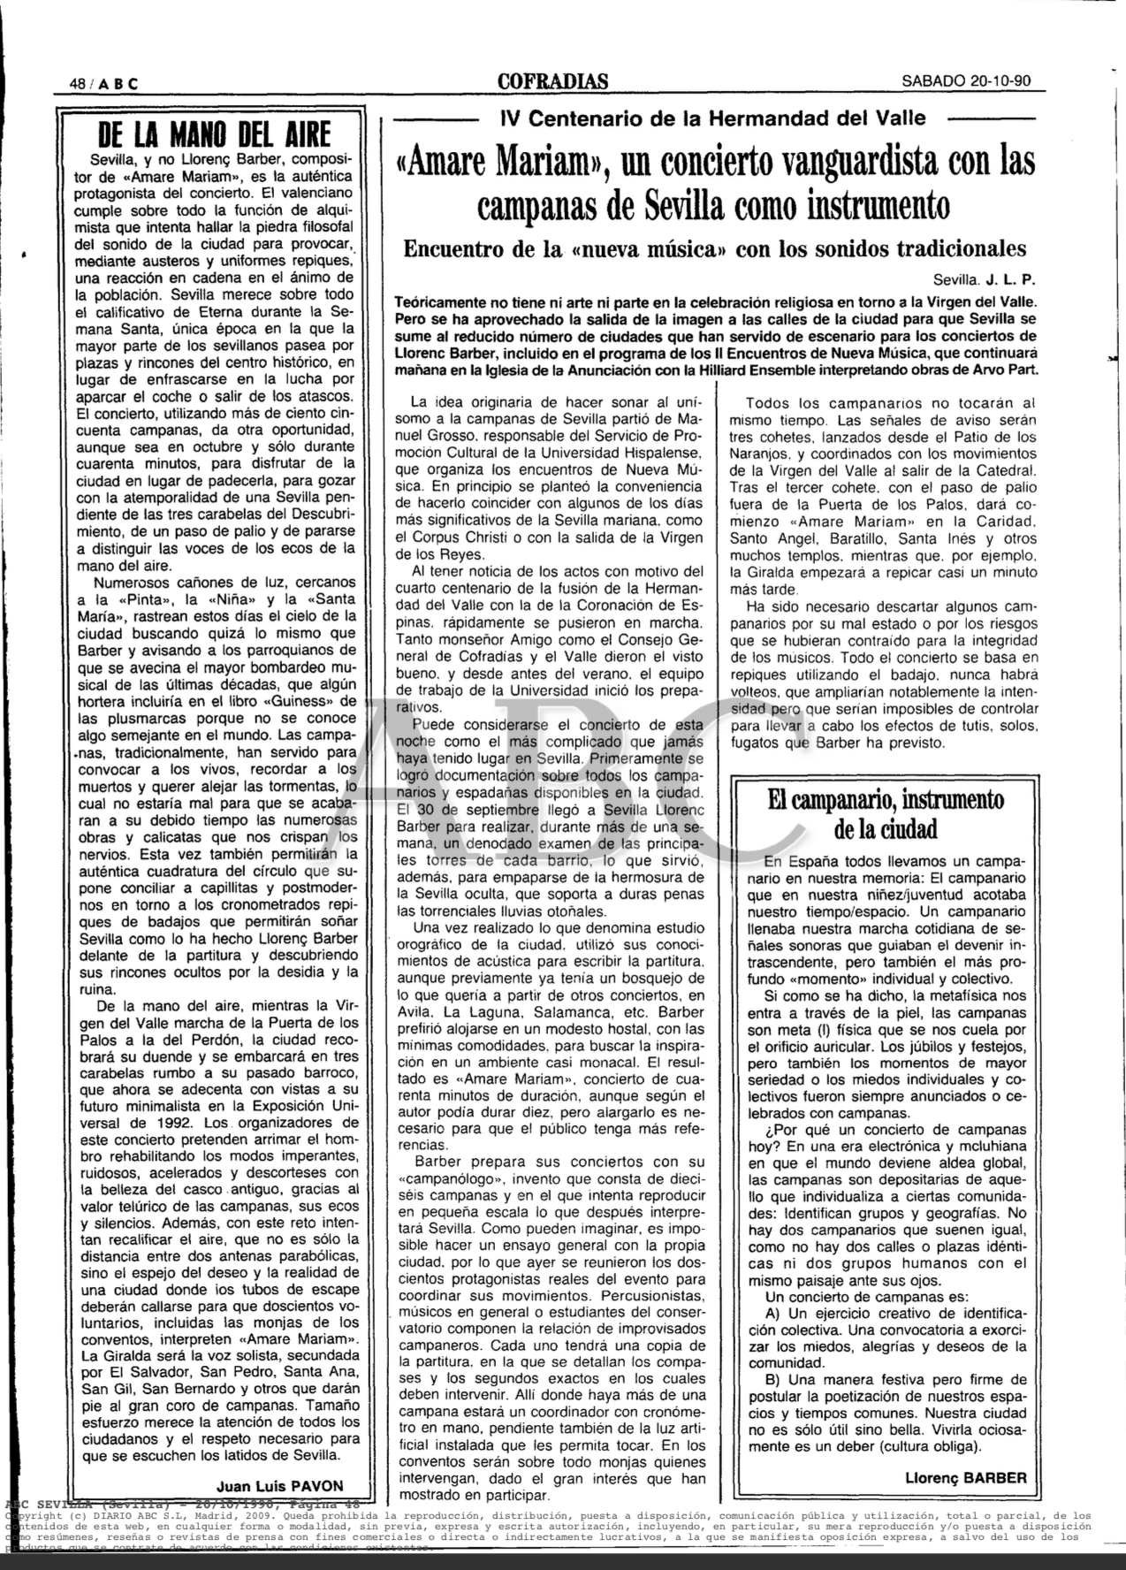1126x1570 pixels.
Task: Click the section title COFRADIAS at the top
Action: (552, 81)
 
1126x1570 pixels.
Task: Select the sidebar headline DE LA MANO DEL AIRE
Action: (215, 135)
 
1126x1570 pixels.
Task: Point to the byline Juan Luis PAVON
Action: (279, 1484)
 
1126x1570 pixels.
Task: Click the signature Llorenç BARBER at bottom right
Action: (966, 1477)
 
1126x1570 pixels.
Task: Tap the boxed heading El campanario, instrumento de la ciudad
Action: (884, 813)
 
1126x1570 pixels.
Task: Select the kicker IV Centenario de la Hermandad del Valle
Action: (712, 118)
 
